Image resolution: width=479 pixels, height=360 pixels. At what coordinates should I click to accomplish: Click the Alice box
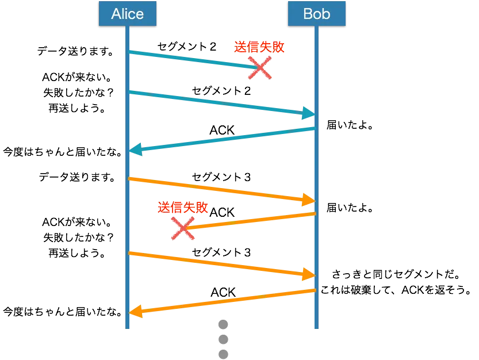tap(127, 13)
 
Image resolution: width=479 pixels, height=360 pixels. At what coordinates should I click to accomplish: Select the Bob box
tap(317, 13)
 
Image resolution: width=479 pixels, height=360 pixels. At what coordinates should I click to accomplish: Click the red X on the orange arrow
tap(183, 228)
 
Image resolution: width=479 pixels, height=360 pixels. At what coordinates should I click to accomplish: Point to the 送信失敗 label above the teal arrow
tap(259, 48)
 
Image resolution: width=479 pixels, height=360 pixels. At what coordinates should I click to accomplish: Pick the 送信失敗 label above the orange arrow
tap(182, 208)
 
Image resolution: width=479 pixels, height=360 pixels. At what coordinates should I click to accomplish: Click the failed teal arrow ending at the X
tap(190, 60)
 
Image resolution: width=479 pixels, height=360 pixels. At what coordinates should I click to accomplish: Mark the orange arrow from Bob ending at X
tap(250, 221)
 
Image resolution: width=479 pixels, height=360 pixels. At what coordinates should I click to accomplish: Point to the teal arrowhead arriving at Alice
tap(136, 150)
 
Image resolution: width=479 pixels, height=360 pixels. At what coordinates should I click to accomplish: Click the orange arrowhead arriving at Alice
tap(136, 312)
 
